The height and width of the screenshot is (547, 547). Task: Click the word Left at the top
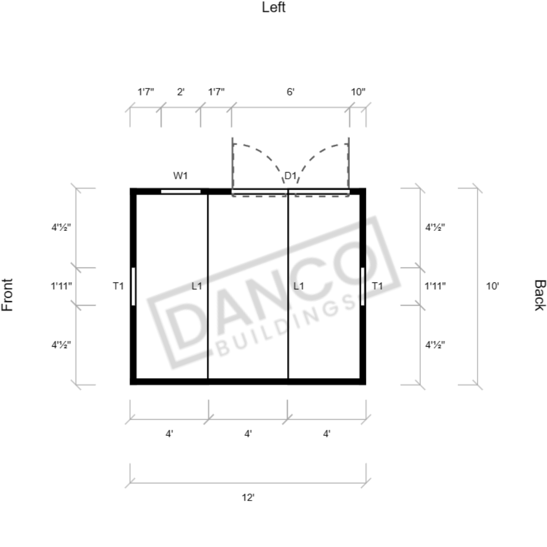coord(274,7)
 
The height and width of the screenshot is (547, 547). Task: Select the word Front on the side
coord(7,295)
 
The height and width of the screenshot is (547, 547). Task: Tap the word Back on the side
coord(540,295)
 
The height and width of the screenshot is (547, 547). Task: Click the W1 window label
coord(180,176)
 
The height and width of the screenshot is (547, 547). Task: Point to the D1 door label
coord(290,176)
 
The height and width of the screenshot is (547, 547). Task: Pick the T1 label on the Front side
coord(118,286)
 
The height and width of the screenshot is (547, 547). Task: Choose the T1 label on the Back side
coord(377,286)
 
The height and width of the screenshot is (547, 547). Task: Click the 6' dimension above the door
coord(290,92)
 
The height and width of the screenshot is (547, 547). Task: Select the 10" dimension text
coord(358,92)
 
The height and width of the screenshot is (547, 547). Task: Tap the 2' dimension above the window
coord(180,92)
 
